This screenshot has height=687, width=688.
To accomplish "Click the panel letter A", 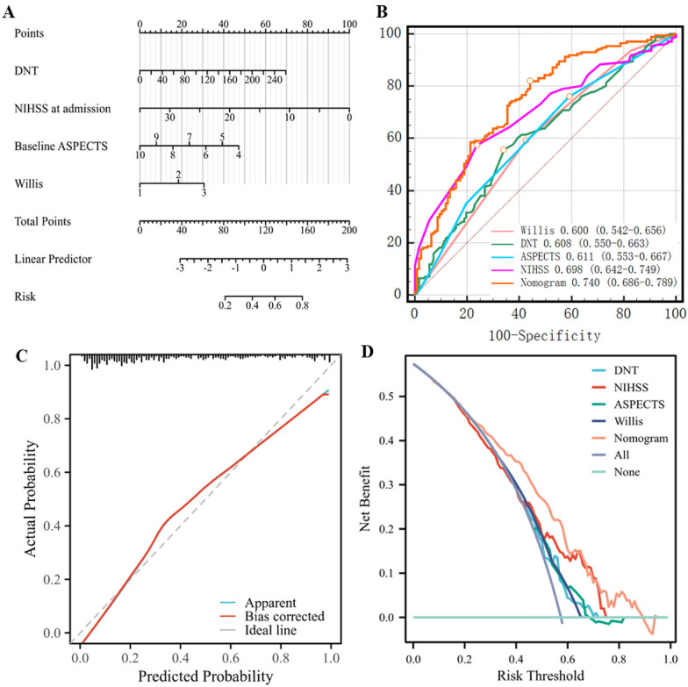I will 20,11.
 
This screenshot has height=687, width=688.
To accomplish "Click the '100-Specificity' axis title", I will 545,334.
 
